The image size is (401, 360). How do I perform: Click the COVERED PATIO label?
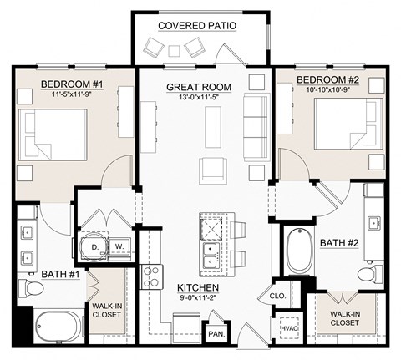pos(197,26)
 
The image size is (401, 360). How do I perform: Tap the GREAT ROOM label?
pos(197,87)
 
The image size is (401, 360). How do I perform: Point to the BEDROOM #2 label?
pos(328,79)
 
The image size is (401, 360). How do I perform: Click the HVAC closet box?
pos(289,328)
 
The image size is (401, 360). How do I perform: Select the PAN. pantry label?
pos(215,333)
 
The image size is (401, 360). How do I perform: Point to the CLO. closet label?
pos(278,295)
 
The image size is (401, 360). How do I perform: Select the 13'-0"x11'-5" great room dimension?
pos(197,98)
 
